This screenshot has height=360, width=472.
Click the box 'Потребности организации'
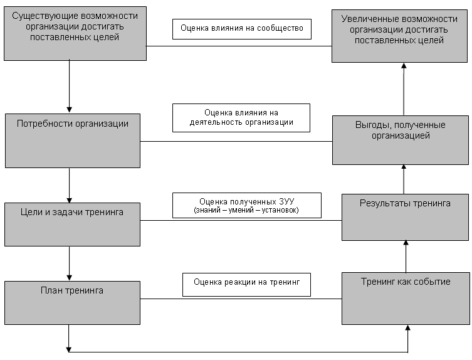(x=73, y=140)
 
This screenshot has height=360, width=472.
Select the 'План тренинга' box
(x=72, y=303)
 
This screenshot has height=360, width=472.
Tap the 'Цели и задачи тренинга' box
(x=72, y=225)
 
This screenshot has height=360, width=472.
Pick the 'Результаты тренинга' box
(x=405, y=217)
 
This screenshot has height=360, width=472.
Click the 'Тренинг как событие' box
(x=406, y=299)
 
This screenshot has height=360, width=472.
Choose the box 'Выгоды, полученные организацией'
(x=401, y=140)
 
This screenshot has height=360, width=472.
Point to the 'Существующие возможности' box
(x=75, y=33)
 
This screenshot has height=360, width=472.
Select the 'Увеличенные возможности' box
(x=399, y=36)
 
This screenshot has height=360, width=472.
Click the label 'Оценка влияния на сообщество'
(x=242, y=29)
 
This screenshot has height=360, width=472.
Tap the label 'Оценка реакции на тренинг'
(x=246, y=285)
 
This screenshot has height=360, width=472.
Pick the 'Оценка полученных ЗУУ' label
(x=247, y=205)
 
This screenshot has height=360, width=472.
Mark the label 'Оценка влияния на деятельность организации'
(x=241, y=118)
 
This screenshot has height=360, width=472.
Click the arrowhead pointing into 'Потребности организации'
(x=69, y=110)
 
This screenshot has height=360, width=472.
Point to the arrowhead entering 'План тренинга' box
(x=69, y=277)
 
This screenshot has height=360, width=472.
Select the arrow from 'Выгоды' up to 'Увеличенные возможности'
(x=404, y=89)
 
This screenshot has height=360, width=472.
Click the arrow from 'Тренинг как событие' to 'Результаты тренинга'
(x=406, y=257)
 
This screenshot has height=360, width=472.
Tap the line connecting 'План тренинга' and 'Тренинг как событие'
(x=241, y=299)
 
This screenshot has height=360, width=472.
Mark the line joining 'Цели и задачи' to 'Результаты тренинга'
(x=241, y=220)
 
